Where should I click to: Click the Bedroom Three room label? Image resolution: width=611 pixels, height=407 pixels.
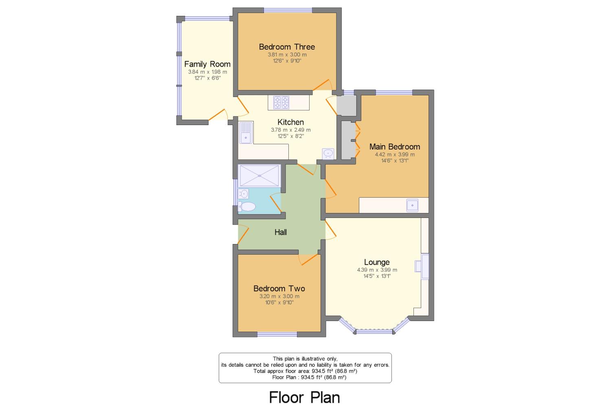(x=287, y=47)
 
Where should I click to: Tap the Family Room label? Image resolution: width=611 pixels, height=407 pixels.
(x=207, y=64)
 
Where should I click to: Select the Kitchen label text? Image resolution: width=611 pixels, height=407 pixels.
(x=290, y=122)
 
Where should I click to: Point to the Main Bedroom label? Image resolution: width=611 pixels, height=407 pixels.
(x=395, y=147)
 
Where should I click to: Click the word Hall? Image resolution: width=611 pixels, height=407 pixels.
(x=281, y=232)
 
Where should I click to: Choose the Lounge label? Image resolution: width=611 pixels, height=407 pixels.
(x=377, y=262)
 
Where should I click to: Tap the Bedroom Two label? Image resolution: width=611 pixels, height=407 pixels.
(x=279, y=288)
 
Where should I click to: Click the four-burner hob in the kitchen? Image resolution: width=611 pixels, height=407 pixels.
(x=281, y=102)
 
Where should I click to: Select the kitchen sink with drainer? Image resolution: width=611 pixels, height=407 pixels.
(x=246, y=132)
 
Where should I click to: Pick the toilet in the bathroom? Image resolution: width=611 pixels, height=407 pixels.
(x=247, y=207)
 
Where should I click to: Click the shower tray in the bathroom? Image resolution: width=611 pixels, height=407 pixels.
(x=259, y=176)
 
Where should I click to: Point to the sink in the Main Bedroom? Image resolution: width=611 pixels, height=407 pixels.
(x=412, y=205)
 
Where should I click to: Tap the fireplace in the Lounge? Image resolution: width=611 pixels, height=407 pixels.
(x=422, y=266)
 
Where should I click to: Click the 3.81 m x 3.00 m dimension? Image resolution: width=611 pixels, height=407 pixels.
(x=287, y=55)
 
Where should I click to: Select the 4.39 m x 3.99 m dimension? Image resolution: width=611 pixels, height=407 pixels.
(x=377, y=270)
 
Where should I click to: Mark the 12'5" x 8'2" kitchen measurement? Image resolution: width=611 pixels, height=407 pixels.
(x=291, y=136)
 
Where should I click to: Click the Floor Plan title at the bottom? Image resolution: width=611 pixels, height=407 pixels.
(x=305, y=398)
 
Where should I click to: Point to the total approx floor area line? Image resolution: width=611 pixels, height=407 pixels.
(x=305, y=371)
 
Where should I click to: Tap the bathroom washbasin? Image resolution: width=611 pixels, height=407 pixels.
(x=243, y=194)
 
